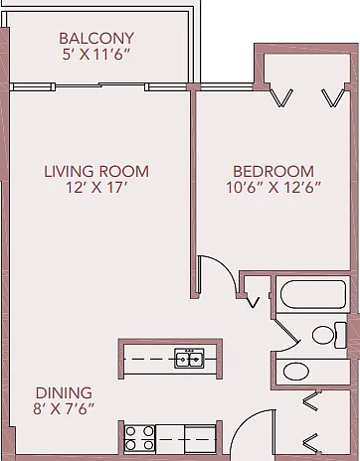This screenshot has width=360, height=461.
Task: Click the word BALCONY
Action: [96, 38]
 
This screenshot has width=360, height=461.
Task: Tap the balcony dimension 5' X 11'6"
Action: [95, 55]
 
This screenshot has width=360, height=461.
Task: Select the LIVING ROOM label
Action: [96, 172]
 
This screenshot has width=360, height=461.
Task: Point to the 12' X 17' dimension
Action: [96, 188]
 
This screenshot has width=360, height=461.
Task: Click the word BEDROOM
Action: [273, 172]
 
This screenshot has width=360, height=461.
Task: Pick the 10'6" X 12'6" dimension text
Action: [273, 188]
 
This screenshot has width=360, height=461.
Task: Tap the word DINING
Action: [64, 392]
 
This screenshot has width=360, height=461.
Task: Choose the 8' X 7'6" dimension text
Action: [64, 408]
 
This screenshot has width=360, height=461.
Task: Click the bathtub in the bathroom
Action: [313, 294]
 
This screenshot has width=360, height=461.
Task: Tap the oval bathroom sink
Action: [296, 372]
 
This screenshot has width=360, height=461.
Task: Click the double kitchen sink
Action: [189, 358]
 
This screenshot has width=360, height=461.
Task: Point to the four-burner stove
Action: [139, 438]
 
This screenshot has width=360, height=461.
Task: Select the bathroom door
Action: [287, 329]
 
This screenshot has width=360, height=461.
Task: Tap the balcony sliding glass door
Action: [100, 85]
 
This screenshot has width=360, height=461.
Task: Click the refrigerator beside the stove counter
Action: [200, 439]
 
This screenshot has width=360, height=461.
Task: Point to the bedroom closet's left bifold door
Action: [281, 97]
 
